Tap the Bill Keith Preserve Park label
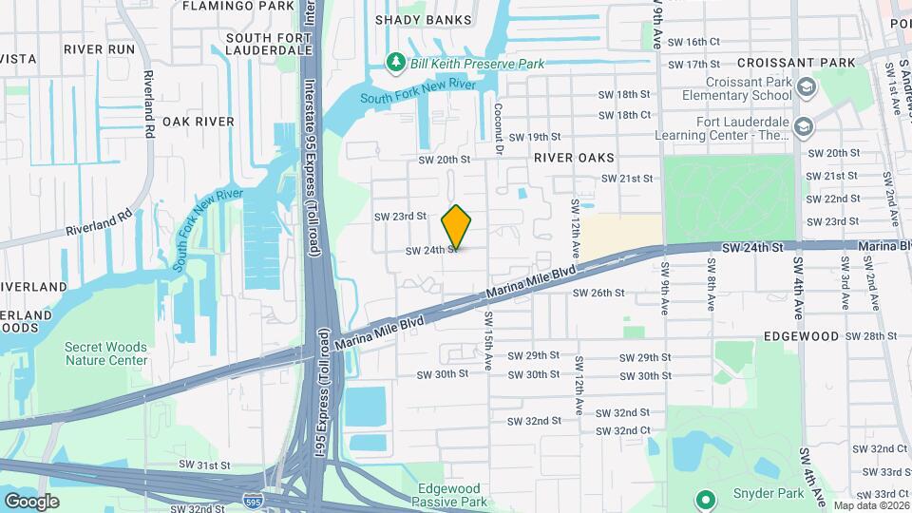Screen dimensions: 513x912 click(x=477, y=64)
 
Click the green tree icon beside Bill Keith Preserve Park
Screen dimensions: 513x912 click(x=396, y=63)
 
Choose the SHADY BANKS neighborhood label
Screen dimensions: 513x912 click(x=423, y=19)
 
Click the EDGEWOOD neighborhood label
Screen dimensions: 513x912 click(x=801, y=336)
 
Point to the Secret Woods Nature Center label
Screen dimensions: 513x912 click(x=105, y=353)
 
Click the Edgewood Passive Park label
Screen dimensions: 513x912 click(x=452, y=495)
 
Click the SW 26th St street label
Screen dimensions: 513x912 click(x=598, y=294)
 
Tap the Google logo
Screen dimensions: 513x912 click(x=31, y=501)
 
